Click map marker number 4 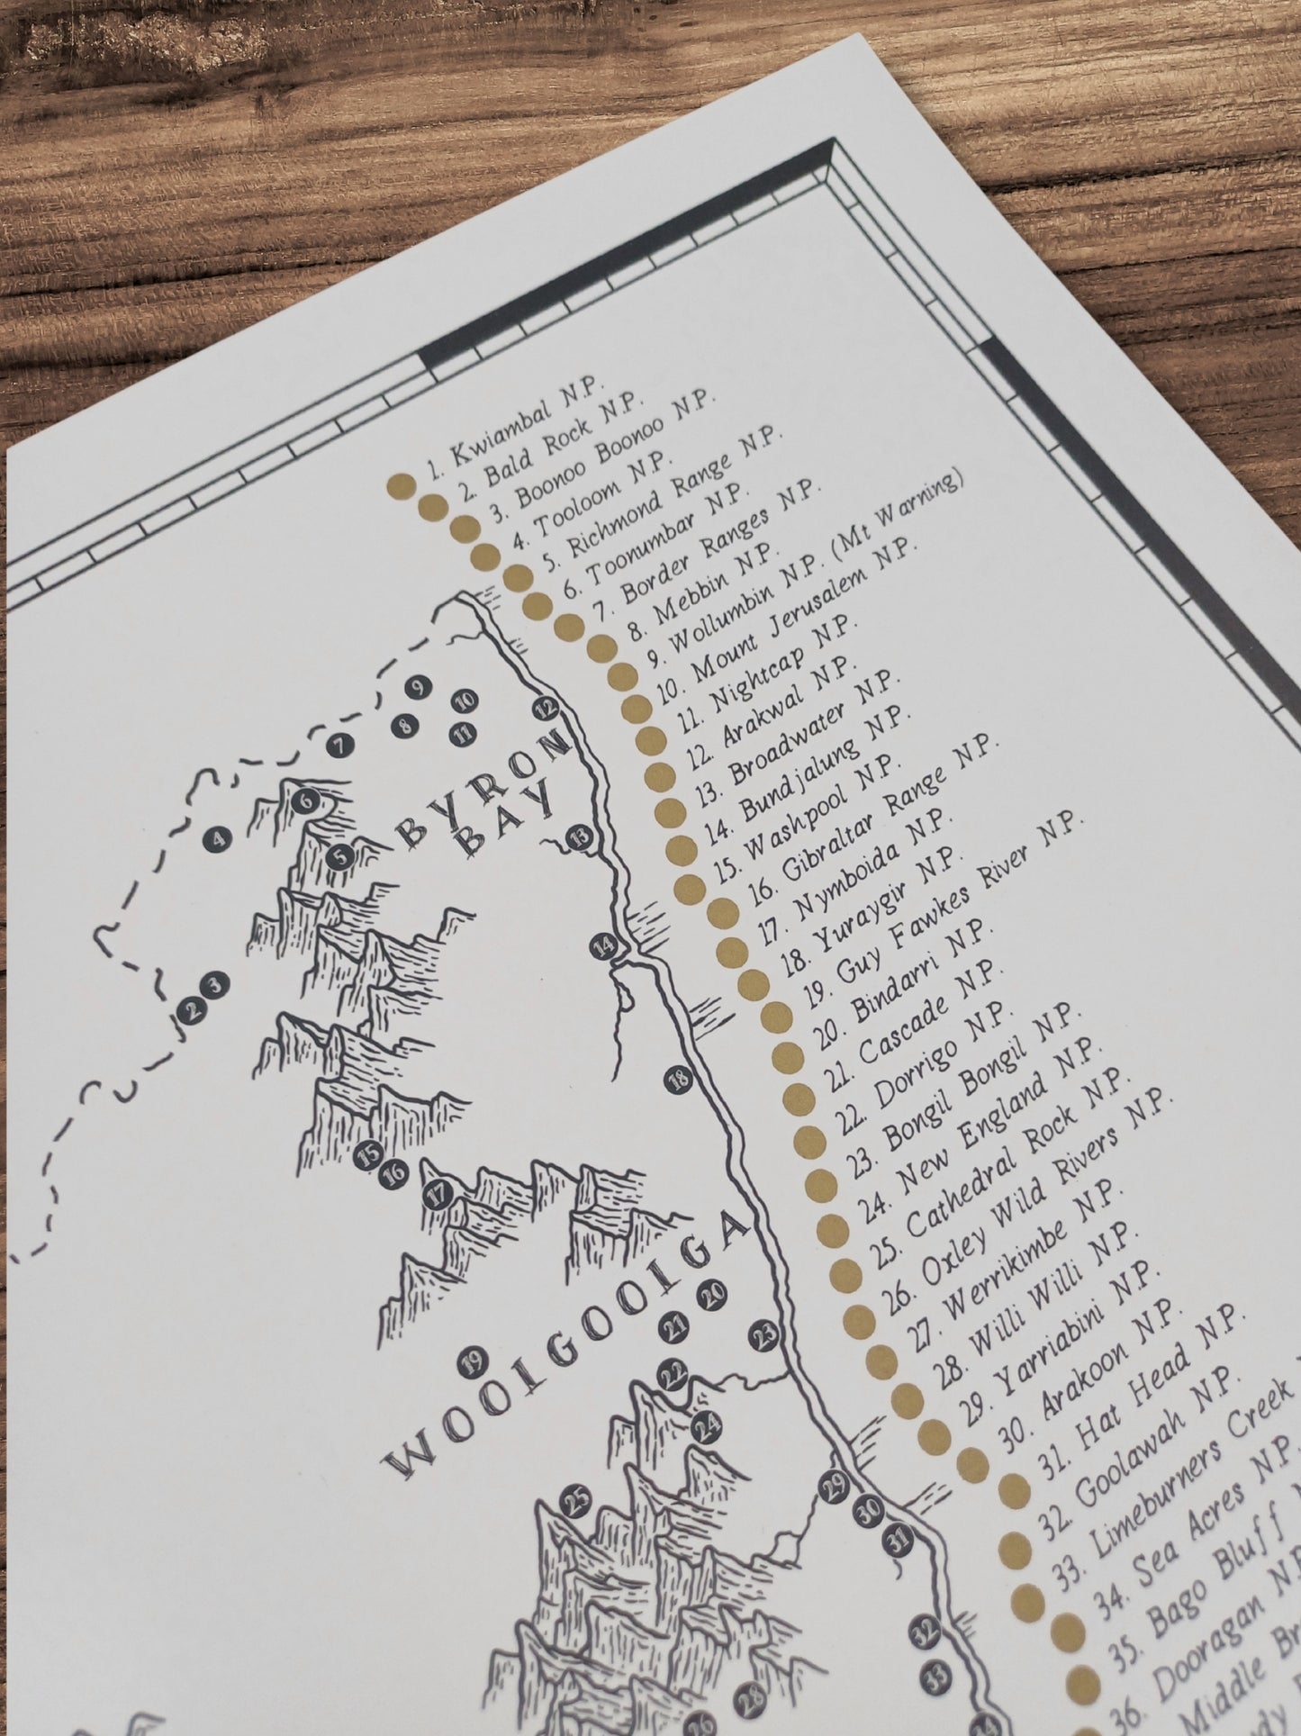tap(220, 841)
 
